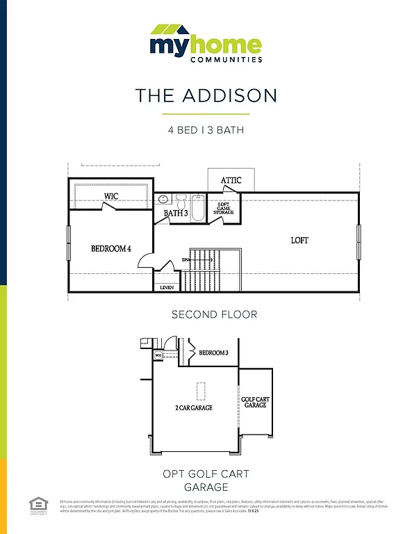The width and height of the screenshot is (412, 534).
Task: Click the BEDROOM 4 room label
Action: (111, 248)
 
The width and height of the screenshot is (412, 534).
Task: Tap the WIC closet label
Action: (110, 196)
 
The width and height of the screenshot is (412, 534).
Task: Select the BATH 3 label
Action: (176, 213)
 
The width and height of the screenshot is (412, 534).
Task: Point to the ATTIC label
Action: (231, 181)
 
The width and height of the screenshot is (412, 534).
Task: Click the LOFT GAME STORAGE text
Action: (223, 208)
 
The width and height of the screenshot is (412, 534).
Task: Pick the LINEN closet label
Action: (167, 286)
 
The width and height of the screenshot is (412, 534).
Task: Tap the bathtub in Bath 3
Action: (198, 208)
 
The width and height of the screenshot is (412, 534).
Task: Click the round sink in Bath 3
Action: (163, 200)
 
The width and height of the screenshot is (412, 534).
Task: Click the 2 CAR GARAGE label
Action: (193, 407)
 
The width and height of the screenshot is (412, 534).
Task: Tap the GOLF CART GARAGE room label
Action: (255, 402)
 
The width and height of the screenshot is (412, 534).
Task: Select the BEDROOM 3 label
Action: (213, 353)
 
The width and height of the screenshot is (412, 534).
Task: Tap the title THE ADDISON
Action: (206, 95)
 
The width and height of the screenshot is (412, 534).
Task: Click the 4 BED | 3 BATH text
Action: (206, 130)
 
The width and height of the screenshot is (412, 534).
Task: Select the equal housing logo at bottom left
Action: (37, 505)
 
